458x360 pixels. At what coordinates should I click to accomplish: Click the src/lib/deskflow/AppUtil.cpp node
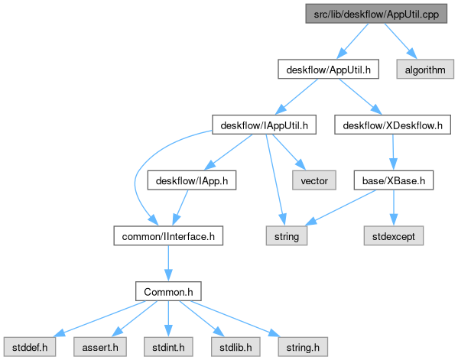click(376, 14)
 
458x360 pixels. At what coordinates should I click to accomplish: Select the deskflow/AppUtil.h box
click(328, 70)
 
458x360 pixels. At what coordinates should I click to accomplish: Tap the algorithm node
click(425, 70)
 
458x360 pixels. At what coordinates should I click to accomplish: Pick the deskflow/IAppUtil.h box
click(264, 125)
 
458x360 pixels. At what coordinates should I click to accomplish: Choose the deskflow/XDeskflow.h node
click(392, 125)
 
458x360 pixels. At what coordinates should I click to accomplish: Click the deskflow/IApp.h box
click(192, 180)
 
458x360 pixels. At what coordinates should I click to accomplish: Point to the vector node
click(314, 180)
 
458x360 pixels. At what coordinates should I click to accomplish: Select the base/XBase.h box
click(394, 180)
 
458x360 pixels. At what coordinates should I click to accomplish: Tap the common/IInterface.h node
click(168, 236)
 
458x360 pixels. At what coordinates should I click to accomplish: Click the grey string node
click(287, 236)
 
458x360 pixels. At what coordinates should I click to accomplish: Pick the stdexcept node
click(394, 236)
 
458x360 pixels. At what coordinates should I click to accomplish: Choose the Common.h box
click(168, 291)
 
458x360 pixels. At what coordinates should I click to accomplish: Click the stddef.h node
click(30, 347)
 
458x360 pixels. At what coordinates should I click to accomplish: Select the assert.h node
click(100, 347)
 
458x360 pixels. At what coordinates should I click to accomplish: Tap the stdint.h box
click(168, 347)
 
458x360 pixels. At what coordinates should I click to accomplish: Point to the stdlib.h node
click(235, 347)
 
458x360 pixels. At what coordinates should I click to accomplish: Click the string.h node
click(303, 347)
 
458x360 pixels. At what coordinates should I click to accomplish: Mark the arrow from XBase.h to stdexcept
click(394, 208)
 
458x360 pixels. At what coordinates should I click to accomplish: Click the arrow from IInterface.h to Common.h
click(168, 264)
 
